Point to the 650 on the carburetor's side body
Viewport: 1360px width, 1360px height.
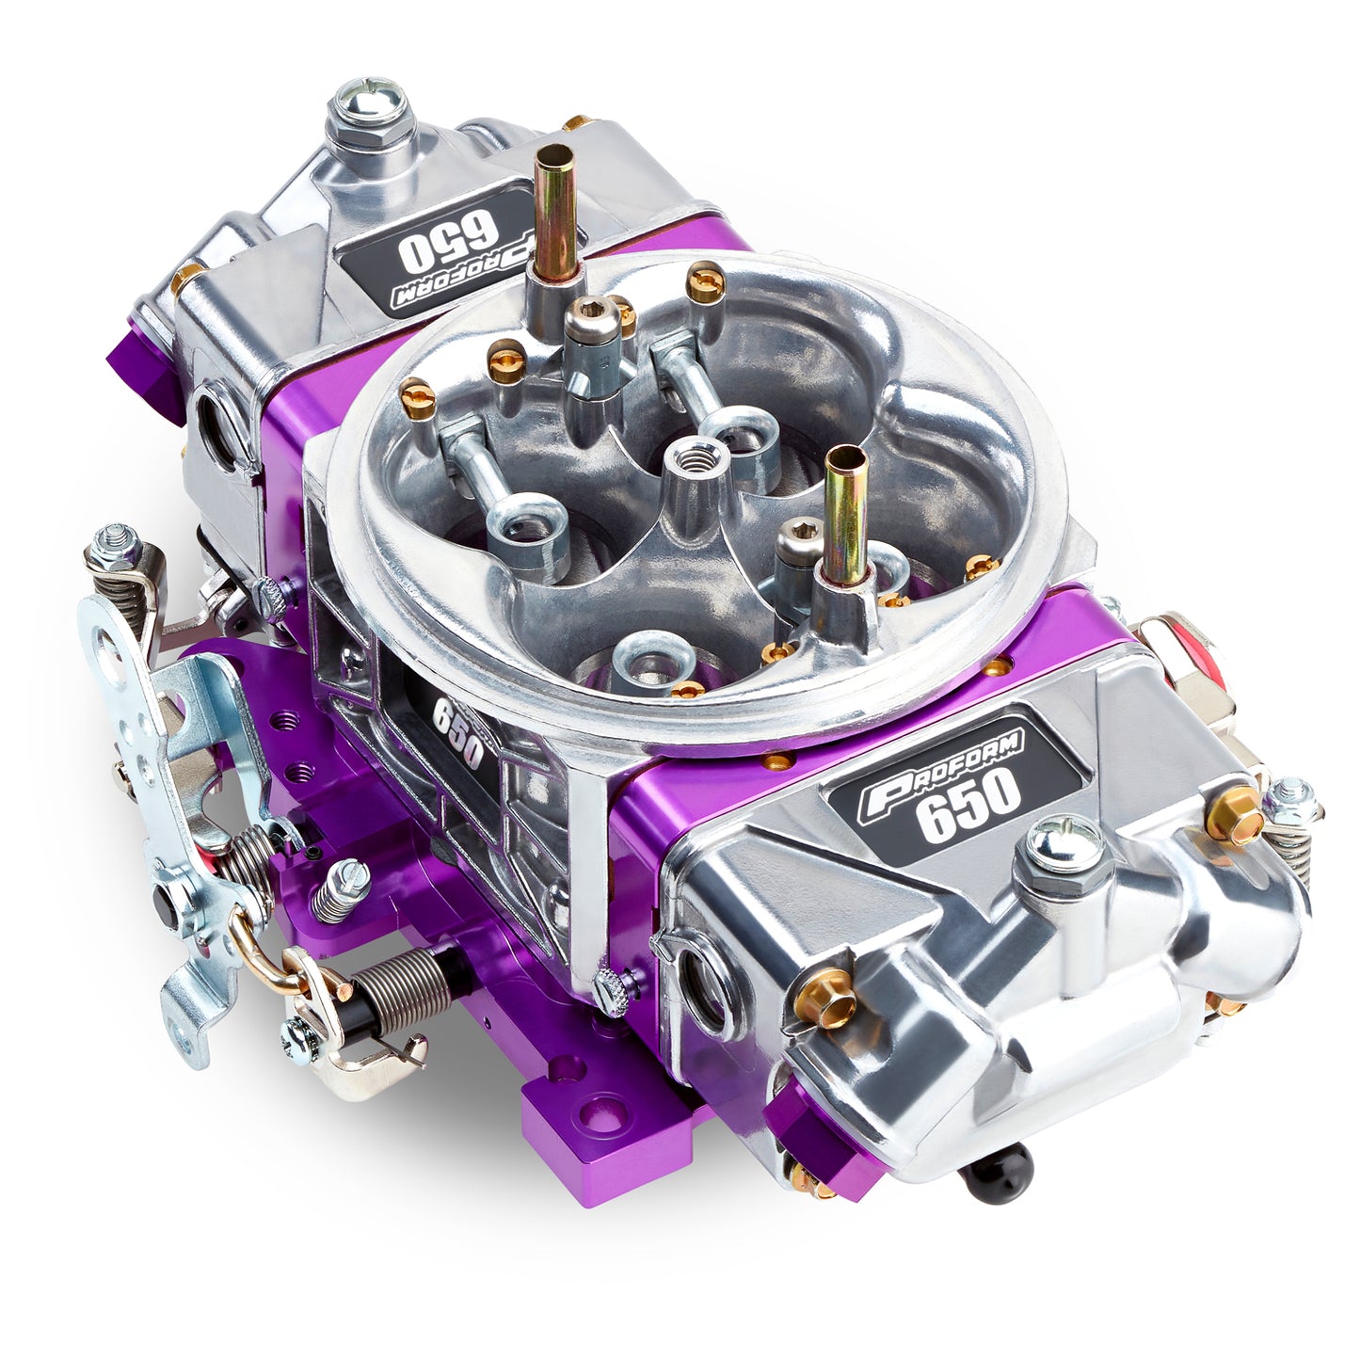[457, 735]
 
